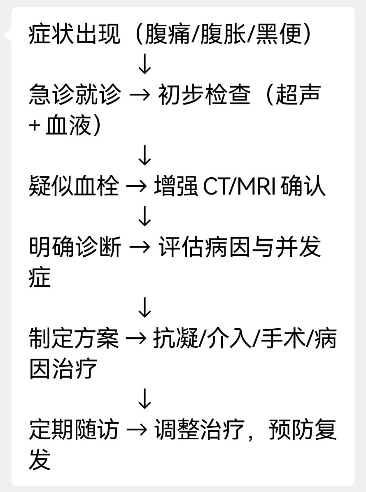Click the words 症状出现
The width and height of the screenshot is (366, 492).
[75, 34]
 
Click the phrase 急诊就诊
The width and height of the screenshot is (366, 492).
[75, 95]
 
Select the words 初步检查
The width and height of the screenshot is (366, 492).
[204, 95]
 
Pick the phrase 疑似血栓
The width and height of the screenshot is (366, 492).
[75, 186]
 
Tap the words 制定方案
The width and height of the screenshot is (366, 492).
[75, 339]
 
